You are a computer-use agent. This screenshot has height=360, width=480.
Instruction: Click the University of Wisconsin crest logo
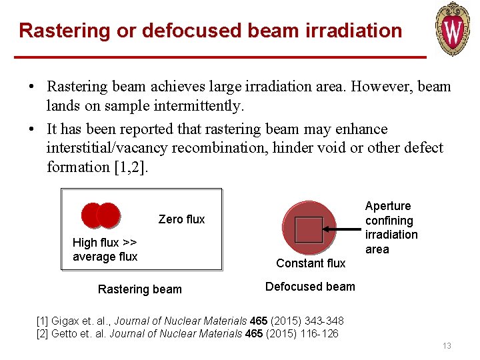(x=453, y=28)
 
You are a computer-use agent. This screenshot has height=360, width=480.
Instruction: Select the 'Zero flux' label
(x=181, y=219)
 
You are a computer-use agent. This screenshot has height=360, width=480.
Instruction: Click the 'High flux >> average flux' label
(x=105, y=249)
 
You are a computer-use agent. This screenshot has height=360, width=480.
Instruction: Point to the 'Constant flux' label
(x=311, y=263)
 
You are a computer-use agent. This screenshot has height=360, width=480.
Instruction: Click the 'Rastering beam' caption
(x=139, y=289)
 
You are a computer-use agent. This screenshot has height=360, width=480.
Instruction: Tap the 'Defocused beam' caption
(x=310, y=287)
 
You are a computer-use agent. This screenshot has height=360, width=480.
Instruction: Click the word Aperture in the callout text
(x=388, y=206)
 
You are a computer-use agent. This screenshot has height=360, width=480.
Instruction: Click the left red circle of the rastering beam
(x=93, y=215)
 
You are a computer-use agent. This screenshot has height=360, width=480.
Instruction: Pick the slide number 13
(x=446, y=346)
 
